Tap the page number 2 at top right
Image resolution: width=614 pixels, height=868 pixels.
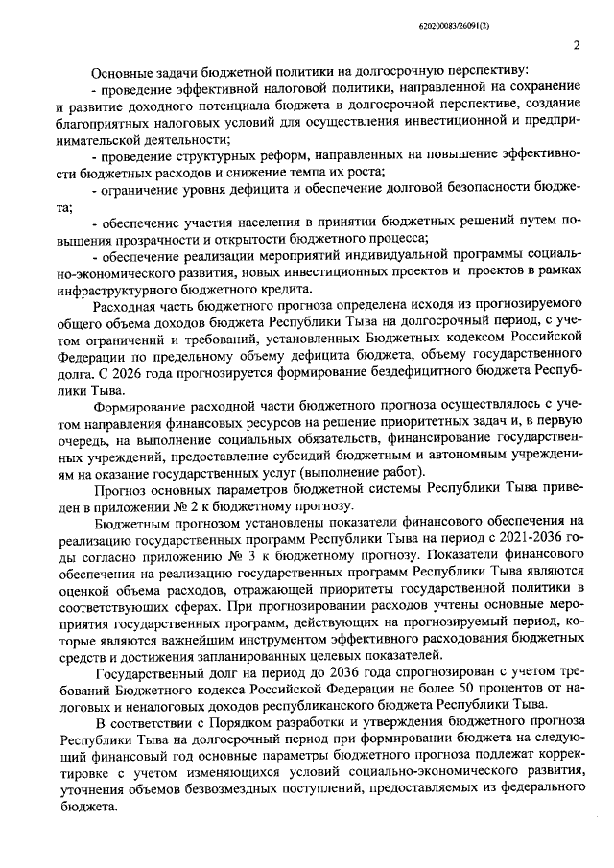[x=577, y=45]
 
